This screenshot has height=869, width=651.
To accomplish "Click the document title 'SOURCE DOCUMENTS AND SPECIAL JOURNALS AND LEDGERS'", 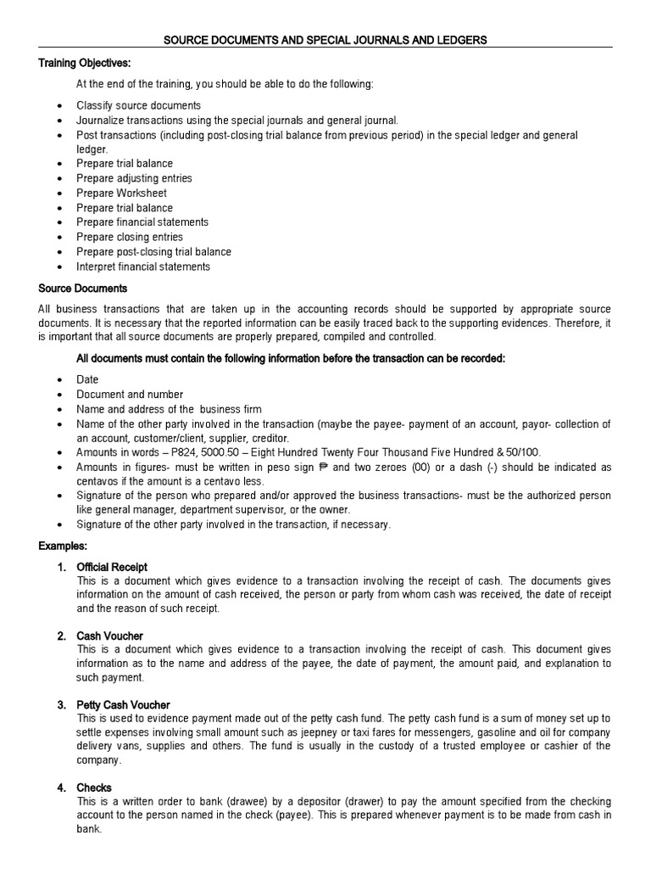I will pos(325,40).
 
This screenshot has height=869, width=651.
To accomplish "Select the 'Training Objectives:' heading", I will pos(85,63).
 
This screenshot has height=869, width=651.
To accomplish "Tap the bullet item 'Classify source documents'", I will pos(138,106).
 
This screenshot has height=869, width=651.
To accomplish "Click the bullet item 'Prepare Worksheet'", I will pos(121,193).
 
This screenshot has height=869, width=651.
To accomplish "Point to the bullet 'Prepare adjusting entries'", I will pos(134,178).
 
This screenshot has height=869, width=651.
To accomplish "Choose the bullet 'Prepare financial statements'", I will pos(142,222).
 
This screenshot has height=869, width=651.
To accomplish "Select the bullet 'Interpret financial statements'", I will pos(143,266).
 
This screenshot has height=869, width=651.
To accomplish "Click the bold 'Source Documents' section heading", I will pos(83,289).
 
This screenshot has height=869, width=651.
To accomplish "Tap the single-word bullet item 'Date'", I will pos(87,380).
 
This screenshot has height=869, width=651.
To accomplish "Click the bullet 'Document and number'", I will pos(130,395).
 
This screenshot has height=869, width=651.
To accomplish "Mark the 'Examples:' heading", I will pos(63,546).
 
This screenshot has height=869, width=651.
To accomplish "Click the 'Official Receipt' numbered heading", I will pos(112,567).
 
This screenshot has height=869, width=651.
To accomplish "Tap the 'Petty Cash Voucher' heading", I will pos(123,705).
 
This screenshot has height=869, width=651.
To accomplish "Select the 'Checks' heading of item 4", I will pos(93,788).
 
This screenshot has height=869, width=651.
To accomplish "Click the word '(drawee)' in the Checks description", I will pos(220,802).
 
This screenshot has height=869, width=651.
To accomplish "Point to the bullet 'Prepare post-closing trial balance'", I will pos(153,252).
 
